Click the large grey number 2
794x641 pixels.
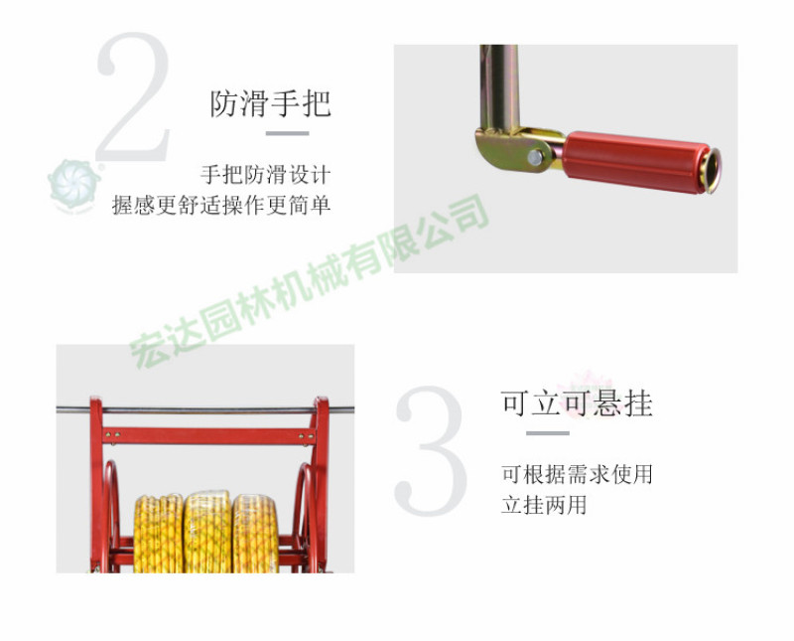[134, 96]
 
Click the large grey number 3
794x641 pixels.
[431, 450]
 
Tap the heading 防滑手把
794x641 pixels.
[270, 104]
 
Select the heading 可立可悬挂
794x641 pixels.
[577, 403]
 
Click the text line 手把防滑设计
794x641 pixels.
[266, 175]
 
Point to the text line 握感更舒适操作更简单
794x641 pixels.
[221, 205]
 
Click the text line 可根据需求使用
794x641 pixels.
[577, 475]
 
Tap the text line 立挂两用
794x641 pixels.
[544, 505]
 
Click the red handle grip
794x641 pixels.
[636, 162]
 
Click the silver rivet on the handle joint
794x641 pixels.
[535, 158]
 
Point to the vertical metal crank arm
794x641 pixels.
[499, 87]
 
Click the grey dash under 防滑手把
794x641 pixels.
[288, 133]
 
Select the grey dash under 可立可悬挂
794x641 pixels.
[548, 433]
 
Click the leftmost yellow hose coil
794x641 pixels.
[159, 534]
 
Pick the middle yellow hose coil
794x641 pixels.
[207, 532]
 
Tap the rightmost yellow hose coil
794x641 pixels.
[255, 534]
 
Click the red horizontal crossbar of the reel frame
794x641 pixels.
[208, 436]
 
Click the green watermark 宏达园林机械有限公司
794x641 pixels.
[310, 281]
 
